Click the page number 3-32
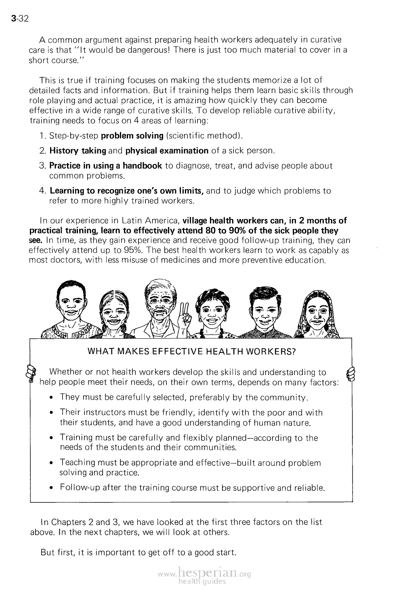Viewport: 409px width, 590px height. (x=19, y=19)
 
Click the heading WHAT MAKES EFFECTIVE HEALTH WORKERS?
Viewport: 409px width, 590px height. (x=191, y=351)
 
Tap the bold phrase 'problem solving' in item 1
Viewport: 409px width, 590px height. (x=132, y=136)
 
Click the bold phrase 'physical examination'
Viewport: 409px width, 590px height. (x=167, y=151)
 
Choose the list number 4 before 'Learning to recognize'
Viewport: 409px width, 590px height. (x=42, y=191)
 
